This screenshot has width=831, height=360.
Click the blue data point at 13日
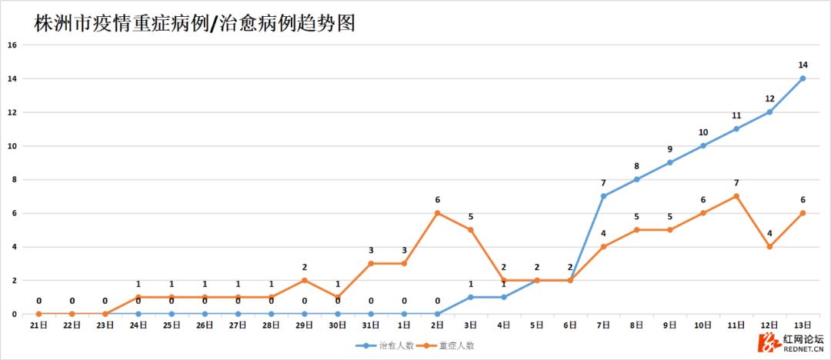[803, 78]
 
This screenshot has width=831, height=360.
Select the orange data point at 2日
[437, 213]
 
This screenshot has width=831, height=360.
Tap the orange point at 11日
[736, 196]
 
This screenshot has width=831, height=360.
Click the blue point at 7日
[603, 196]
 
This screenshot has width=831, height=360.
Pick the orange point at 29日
[305, 280]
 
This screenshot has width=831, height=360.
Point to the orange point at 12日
[769, 247]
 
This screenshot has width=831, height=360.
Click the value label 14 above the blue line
[803, 65]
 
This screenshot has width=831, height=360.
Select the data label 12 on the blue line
[769, 98]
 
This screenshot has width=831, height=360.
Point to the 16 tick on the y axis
[12, 45]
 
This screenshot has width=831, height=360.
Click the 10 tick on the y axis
[12, 146]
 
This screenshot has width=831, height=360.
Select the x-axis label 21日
[38, 325]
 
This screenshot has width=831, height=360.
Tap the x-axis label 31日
[371, 325]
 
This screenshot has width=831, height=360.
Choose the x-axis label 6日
[570, 325]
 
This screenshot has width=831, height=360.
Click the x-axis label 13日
[803, 325]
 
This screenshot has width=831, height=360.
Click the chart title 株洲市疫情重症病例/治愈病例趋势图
[194, 23]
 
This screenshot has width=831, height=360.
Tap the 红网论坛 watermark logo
[793, 342]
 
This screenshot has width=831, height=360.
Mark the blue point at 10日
[703, 145]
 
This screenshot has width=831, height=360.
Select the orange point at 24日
[138, 297]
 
